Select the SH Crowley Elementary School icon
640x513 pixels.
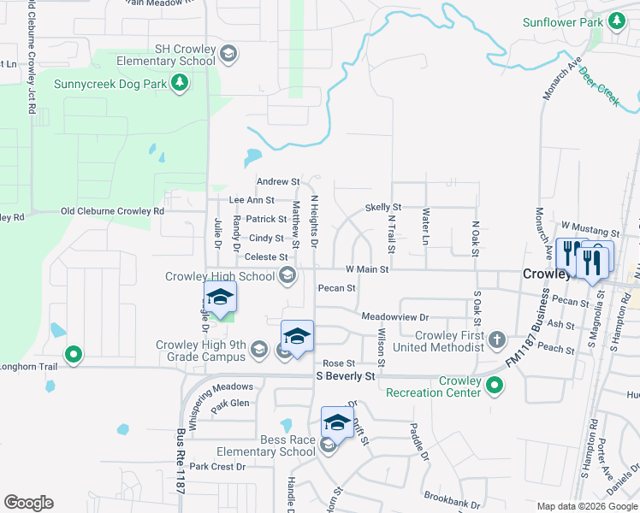[228, 56]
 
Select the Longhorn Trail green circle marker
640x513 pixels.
[74, 353]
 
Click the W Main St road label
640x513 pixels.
[367, 269]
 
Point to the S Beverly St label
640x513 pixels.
[346, 376]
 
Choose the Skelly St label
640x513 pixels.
[382, 208]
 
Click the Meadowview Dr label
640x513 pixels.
[394, 316]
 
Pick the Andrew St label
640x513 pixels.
[278, 182]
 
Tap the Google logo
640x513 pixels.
[28, 503]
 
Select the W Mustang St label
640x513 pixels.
[590, 233]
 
